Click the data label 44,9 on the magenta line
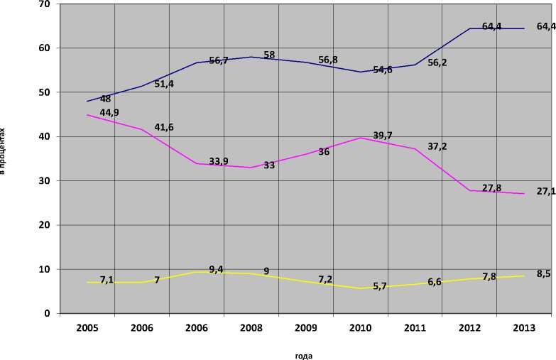point(109,113)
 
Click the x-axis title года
point(303,356)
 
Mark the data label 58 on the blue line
point(270,55)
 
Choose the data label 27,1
point(546,191)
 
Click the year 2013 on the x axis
point(524,327)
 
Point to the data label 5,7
point(381,287)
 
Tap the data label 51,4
point(164,84)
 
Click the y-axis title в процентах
point(4,151)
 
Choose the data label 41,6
point(164,127)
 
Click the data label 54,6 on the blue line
point(383,70)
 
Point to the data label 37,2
point(437,146)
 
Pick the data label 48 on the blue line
point(105,99)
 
